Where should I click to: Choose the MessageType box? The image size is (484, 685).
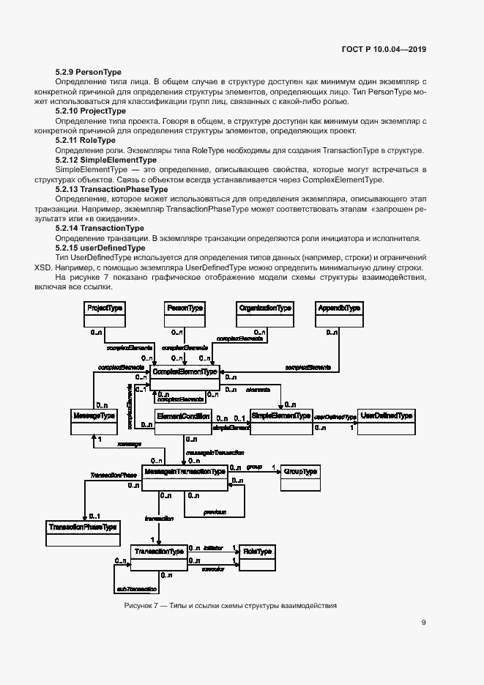[95, 421]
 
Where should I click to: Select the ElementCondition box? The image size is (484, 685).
[184, 421]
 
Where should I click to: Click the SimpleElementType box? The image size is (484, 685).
[281, 421]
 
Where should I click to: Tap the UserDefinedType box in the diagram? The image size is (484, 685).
[387, 421]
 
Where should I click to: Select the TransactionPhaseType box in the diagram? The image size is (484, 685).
[83, 532]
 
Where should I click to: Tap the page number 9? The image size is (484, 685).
[424, 623]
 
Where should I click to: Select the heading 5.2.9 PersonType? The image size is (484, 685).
[89, 72]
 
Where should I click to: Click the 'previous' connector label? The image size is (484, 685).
[215, 511]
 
